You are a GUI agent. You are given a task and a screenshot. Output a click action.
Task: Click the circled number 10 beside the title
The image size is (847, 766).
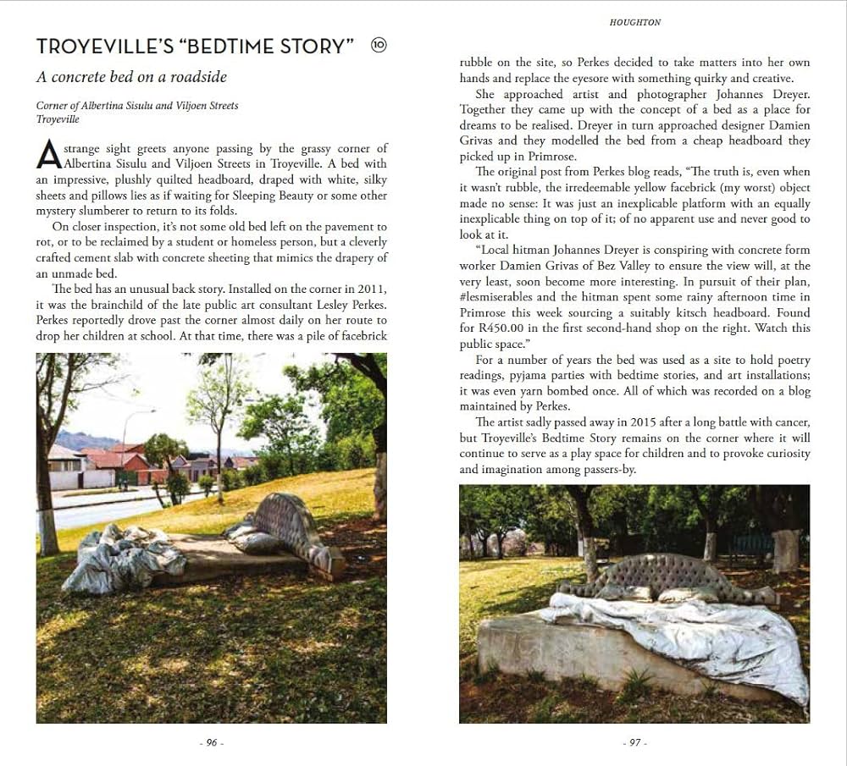(x=379, y=46)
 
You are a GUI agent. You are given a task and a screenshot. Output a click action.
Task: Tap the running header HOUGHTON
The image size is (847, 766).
(x=634, y=23)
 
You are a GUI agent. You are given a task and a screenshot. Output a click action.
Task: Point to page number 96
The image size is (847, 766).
(x=211, y=742)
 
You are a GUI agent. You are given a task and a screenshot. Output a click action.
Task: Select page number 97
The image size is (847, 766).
(x=634, y=742)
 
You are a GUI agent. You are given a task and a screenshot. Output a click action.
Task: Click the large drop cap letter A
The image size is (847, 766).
(x=49, y=155)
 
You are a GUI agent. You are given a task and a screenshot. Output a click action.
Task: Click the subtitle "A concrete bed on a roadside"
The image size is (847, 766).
(x=131, y=77)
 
